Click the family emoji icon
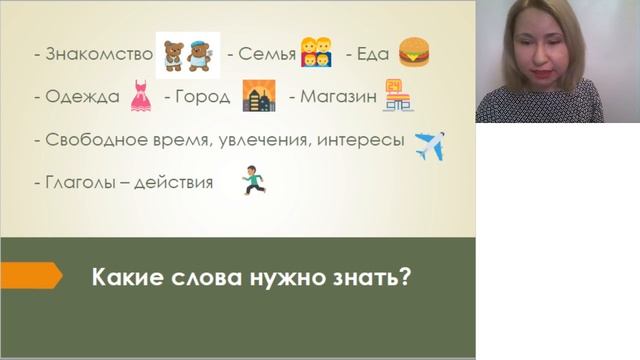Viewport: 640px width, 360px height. click(x=317, y=55)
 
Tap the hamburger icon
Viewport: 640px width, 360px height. click(x=414, y=52)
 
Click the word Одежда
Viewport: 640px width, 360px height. click(x=83, y=97)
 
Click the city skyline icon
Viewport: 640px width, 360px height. click(x=259, y=96)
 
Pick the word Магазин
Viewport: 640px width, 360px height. click(x=337, y=97)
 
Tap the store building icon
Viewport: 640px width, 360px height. click(x=399, y=96)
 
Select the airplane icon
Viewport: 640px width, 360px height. click(x=429, y=144)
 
